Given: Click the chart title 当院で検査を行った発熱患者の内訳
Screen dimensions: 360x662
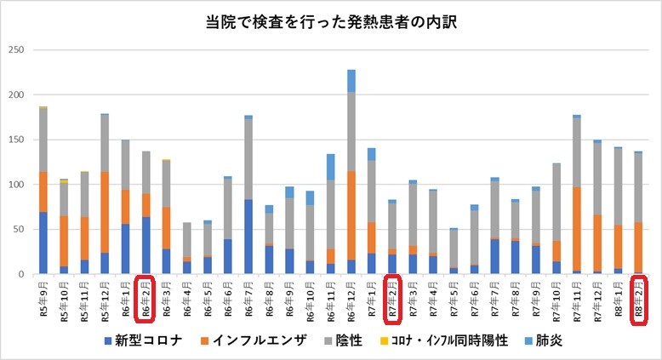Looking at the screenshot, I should (332, 23).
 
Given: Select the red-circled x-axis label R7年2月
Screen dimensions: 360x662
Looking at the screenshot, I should (392, 298).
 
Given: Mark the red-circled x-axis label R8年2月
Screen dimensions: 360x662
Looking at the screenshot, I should (638, 298).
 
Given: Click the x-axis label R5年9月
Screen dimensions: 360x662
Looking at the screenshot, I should (43, 298).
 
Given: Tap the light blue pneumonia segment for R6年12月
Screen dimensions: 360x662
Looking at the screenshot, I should (351, 81).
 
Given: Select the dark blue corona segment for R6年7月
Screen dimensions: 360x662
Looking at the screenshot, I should (248, 237).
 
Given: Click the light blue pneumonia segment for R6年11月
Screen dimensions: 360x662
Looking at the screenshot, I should (331, 167).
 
